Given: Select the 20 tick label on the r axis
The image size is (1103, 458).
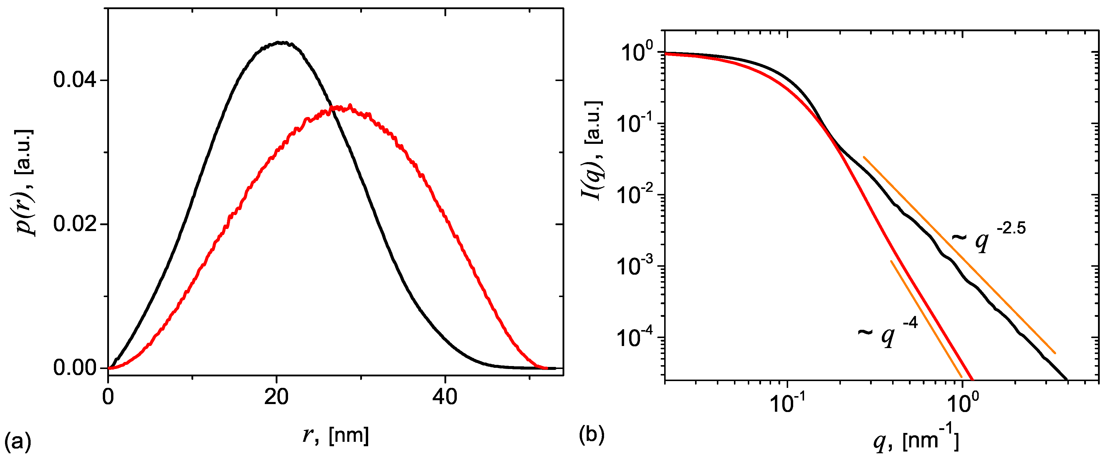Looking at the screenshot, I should [276, 397].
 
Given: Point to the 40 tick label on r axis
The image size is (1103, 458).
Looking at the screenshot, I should [445, 397].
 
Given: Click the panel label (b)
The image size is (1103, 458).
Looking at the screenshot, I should [591, 435].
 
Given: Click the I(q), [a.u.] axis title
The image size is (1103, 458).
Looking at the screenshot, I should [593, 151].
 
